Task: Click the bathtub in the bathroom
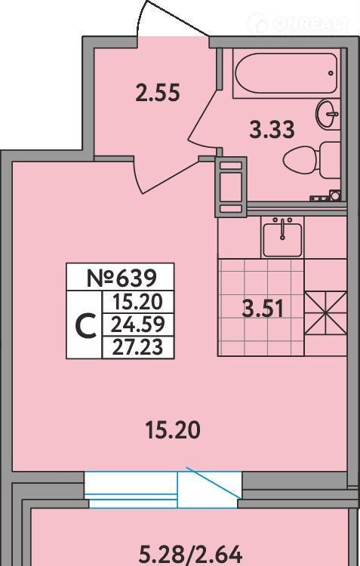[286, 73]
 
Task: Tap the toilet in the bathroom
[312, 159]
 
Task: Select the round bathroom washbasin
[328, 114]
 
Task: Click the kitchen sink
[282, 238]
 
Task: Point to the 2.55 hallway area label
[158, 92]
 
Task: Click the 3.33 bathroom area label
[272, 130]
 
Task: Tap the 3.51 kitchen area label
[263, 309]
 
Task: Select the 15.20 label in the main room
[173, 430]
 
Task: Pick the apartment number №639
[122, 278]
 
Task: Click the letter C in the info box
[85, 325]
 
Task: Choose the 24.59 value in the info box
[138, 325]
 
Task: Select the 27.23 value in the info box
[138, 347]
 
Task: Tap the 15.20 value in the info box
[138, 302]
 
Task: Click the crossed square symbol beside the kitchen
[326, 312]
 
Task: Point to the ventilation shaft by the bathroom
[231, 187]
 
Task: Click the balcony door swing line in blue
[214, 482]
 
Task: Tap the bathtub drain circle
[331, 73]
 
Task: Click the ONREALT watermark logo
[300, 23]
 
